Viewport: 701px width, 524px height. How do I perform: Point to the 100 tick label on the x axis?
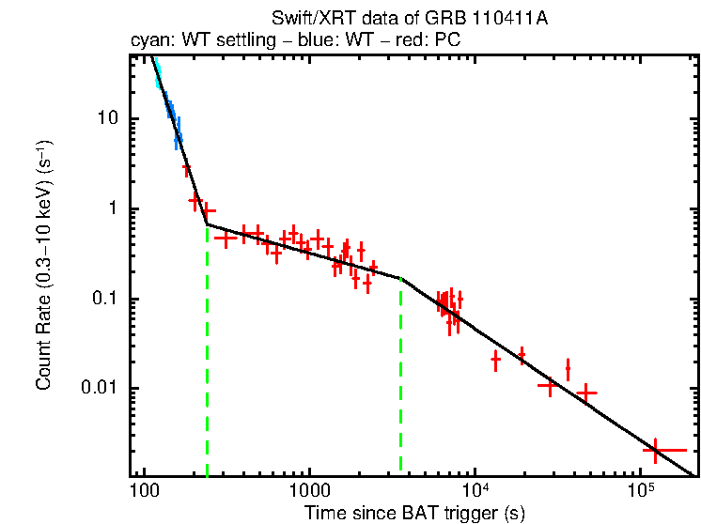pyautogui.click(x=144, y=491)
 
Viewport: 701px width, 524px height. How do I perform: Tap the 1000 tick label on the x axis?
pyautogui.click(x=308, y=491)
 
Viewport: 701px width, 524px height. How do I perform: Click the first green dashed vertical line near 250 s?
pyautogui.click(x=207, y=357)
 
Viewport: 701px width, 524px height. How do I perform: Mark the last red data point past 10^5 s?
pyautogui.click(x=655, y=451)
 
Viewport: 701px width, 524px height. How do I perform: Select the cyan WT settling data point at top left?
pyautogui.click(x=158, y=74)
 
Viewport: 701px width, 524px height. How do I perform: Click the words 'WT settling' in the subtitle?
pyautogui.click(x=206, y=40)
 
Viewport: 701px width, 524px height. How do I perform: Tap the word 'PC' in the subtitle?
pyautogui.click(x=446, y=40)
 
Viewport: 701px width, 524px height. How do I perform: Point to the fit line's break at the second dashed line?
pyautogui.click(x=401, y=279)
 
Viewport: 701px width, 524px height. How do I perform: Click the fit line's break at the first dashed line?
pyautogui.click(x=207, y=223)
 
